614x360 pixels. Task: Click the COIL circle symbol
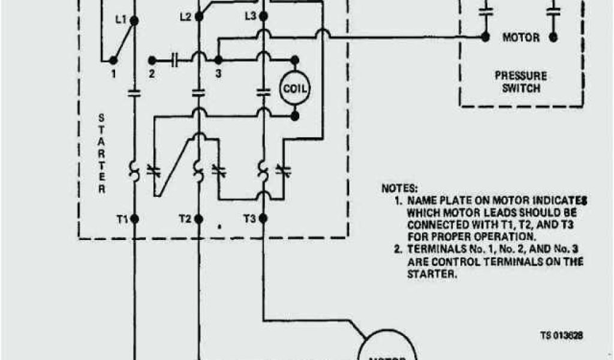(294, 89)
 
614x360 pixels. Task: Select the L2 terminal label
(185, 17)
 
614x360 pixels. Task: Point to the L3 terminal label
(250, 16)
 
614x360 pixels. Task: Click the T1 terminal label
(122, 219)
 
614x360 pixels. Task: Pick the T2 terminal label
(185, 219)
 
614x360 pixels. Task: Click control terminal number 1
(112, 73)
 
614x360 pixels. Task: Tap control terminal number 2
(152, 73)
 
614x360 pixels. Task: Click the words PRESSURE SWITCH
(520, 82)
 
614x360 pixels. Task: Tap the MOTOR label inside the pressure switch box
(520, 37)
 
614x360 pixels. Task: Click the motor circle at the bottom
(387, 348)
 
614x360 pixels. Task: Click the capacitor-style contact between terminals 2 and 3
(175, 60)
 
